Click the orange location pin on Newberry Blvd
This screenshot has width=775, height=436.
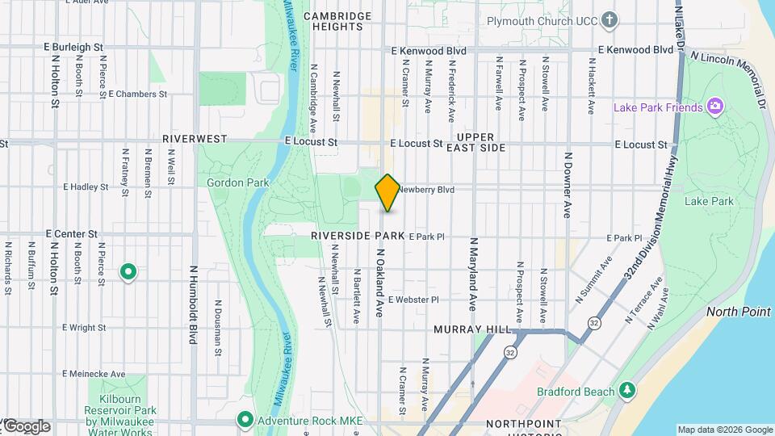pos(387,192)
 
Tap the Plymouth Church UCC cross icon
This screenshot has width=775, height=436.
pos(610,19)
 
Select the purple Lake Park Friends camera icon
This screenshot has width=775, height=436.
pos(714,107)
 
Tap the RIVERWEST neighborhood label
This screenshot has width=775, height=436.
pos(195,139)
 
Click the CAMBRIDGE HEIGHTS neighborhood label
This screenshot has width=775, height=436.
pos(337,21)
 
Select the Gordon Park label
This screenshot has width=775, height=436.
pos(237,183)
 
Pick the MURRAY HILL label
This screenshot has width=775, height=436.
pos(472,330)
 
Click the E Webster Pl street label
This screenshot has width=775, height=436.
pos(413,300)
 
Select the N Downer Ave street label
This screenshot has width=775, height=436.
pos(568,185)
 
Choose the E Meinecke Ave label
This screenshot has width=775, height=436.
pos(94,374)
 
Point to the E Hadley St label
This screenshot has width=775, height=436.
pos(85,187)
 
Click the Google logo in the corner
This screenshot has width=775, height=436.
pos(26,426)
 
